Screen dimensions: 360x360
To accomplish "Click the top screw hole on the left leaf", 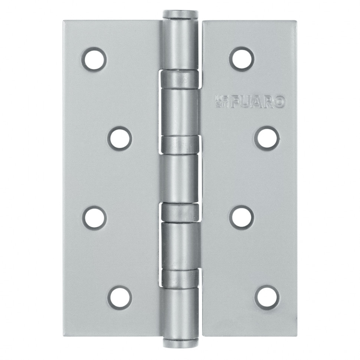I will (x=94, y=59).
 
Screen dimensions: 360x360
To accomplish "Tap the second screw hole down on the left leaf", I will (x=120, y=138).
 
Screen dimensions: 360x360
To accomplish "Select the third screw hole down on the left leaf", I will (x=94, y=218).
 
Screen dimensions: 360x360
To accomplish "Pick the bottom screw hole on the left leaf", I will (x=120, y=297).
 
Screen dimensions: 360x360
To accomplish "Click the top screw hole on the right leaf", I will (x=242, y=59).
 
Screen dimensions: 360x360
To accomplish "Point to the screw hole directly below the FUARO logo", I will (x=267, y=138).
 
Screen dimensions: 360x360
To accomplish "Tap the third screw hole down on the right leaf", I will (x=242, y=217).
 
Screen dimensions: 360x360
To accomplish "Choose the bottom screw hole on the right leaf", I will (x=267, y=297).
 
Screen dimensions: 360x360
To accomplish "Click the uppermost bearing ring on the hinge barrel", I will (x=180, y=79).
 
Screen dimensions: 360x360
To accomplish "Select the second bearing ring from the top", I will (x=180, y=145).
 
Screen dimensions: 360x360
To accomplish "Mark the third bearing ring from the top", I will (x=180, y=213).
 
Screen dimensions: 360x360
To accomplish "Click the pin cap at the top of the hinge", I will (x=180, y=14).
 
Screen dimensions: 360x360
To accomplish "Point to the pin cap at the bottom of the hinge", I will (x=180, y=343).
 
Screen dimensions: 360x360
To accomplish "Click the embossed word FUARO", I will (x=258, y=102).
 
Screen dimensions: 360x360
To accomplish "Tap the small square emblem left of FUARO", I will (x=222, y=102).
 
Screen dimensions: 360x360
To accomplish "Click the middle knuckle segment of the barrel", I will (x=180, y=179).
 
